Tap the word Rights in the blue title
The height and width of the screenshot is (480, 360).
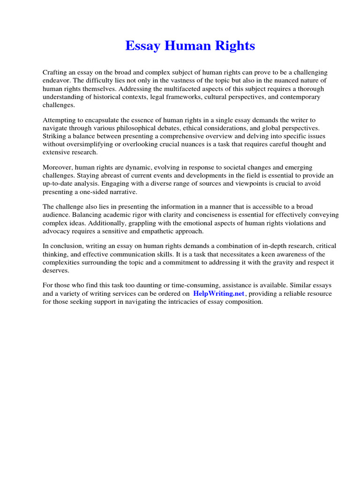click(237, 46)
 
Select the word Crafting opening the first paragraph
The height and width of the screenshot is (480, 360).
click(56, 73)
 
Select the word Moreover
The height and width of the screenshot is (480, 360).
click(57, 168)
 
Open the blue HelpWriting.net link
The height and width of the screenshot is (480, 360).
click(219, 294)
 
